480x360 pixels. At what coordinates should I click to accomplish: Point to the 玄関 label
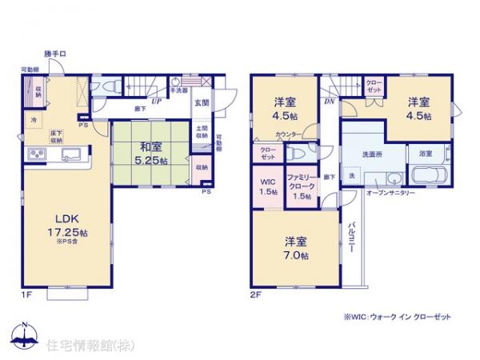(x=202, y=102)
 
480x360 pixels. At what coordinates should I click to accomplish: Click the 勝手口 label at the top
(x=54, y=54)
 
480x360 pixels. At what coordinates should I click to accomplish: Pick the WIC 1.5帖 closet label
(x=264, y=186)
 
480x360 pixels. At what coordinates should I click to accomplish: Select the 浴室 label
(x=426, y=153)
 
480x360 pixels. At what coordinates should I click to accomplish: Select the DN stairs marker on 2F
(x=329, y=102)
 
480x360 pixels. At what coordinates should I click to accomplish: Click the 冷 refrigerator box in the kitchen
(x=34, y=121)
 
